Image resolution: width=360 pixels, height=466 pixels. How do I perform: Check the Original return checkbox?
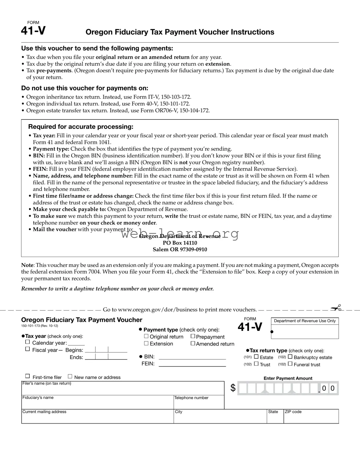[146, 336]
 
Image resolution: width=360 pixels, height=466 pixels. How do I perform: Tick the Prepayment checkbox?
[193, 336]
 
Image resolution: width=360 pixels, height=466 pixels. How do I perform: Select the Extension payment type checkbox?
[146, 343]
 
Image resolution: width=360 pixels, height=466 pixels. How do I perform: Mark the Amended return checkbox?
[193, 343]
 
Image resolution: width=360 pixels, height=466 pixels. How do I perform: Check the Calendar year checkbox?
[28, 342]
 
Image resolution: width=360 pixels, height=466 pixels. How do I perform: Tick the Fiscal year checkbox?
[28, 349]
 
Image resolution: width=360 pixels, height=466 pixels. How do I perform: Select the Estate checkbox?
[256, 357]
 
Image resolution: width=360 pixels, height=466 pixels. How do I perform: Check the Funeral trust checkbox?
[290, 364]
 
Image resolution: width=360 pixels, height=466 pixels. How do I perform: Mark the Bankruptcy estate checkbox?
[290, 357]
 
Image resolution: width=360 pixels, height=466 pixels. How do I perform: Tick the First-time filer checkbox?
[28, 376]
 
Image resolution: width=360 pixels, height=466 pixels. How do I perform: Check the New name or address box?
[70, 376]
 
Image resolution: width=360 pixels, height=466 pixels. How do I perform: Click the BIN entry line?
[192, 357]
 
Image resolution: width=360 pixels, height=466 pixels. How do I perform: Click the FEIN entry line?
[192, 364]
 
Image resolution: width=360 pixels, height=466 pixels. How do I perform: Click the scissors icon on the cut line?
[336, 308]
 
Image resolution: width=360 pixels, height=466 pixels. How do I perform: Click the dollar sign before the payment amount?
[233, 388]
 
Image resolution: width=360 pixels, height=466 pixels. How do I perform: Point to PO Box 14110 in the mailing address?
[180, 243]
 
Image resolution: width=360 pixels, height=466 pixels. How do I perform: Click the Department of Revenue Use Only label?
[305, 321]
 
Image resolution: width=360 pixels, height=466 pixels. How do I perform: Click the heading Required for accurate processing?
[81, 127]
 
